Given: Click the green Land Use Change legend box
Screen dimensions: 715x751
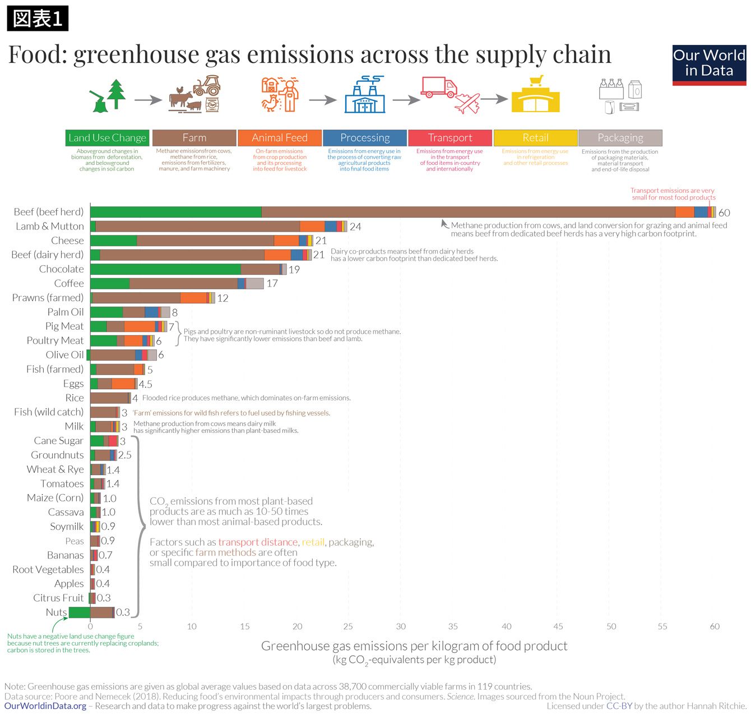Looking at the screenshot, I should click(107, 138).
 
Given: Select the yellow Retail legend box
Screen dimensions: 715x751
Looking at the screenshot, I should click(535, 138).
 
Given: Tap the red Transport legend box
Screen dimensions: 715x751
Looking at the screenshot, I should click(450, 138).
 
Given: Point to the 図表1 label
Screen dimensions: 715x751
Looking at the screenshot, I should click(38, 19).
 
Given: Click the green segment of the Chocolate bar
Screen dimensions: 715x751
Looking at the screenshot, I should click(165, 269).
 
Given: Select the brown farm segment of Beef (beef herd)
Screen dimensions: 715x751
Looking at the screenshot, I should click(468, 212).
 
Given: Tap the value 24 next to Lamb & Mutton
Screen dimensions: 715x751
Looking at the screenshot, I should click(355, 227).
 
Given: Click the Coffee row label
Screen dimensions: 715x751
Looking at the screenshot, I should click(69, 284).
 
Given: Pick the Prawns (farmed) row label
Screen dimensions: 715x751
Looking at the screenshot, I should click(48, 298).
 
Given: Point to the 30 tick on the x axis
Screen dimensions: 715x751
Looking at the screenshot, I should click(401, 626).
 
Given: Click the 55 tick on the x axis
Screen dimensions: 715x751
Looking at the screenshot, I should click(662, 626).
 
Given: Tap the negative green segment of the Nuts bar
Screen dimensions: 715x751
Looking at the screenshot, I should click(79, 612).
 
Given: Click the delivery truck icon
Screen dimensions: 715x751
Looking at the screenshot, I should click(439, 87).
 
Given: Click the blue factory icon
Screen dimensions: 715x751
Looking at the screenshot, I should click(365, 95).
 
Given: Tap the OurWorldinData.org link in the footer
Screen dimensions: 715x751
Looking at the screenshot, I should click(45, 706).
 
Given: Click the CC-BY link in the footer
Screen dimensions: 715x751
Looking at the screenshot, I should click(619, 706).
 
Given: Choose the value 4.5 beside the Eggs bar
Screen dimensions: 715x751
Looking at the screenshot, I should click(145, 384).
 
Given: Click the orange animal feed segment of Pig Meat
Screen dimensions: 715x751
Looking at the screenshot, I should click(140, 326).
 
